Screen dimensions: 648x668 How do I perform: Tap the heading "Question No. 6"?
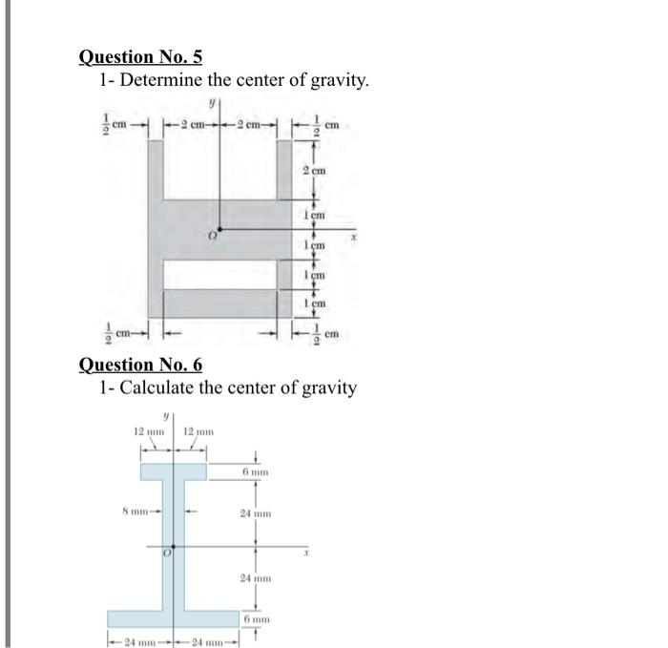point(139,364)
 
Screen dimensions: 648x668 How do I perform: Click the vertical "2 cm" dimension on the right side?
point(313,170)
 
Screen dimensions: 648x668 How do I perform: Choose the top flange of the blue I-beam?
point(174,470)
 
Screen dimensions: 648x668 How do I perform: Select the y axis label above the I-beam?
point(166,415)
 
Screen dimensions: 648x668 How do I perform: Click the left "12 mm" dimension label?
point(148,432)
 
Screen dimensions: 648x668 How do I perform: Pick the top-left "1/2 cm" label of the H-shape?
point(115,123)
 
